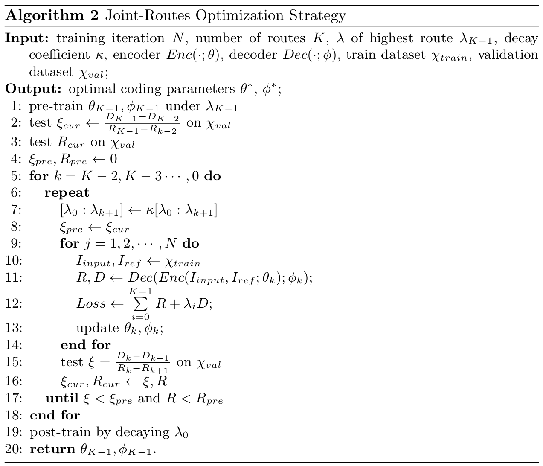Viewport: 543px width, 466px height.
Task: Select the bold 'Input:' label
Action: [x=28, y=38]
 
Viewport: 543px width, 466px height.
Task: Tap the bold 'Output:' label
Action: [x=34, y=89]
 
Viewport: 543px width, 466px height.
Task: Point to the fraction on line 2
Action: [x=142, y=123]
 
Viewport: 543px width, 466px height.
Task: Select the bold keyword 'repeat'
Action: [x=67, y=192]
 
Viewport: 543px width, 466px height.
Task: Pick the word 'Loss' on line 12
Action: [x=91, y=303]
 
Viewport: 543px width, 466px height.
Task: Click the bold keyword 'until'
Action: [x=62, y=398]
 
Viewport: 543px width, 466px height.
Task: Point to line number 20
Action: [x=14, y=449]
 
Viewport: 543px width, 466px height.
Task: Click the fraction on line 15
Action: [x=142, y=363]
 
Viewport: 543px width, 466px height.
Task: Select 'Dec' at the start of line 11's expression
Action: [x=137, y=278]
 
